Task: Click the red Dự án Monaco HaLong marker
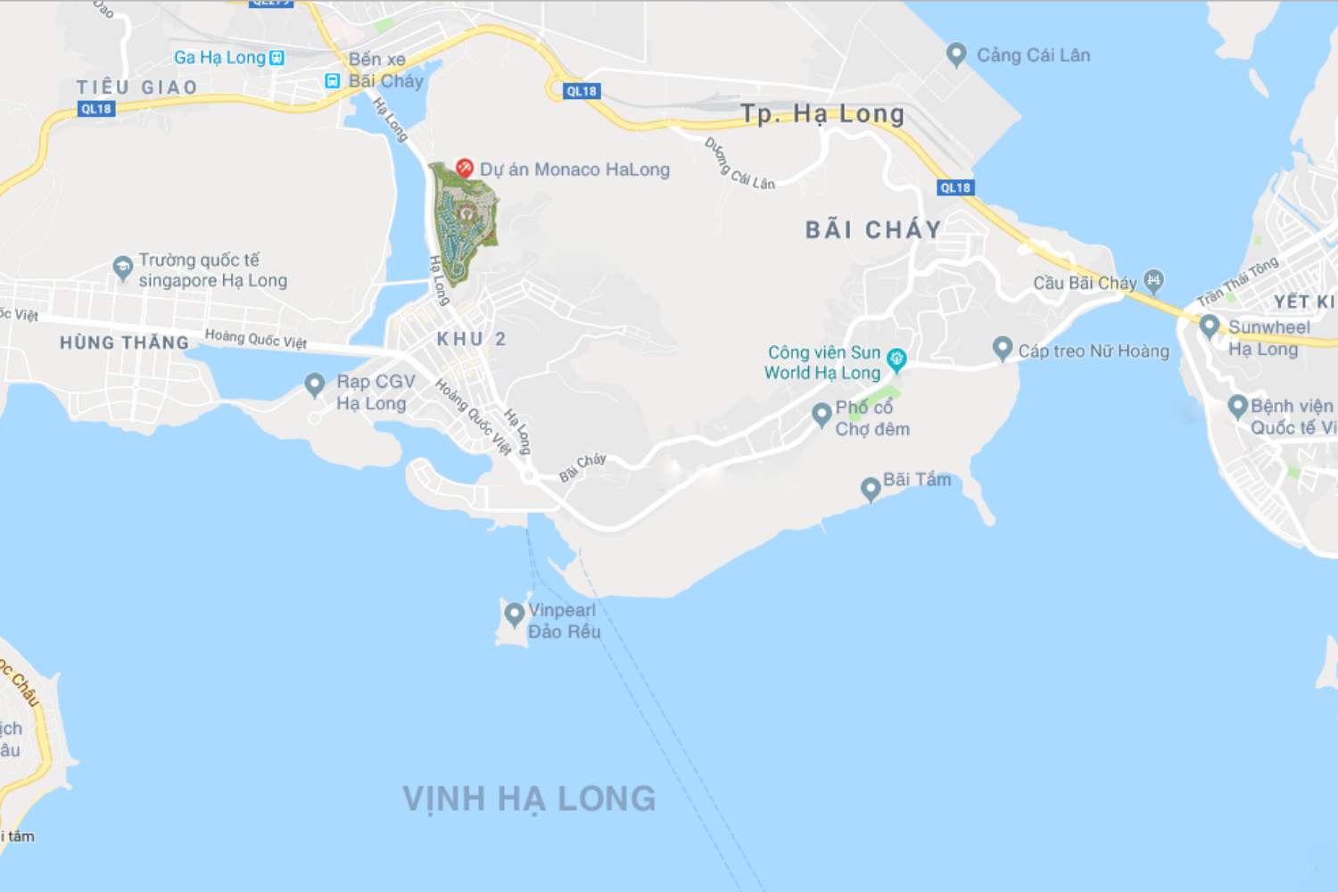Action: point(464,168)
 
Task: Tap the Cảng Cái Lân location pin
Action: point(956,54)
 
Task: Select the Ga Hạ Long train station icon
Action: point(277,58)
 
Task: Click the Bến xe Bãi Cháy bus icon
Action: point(333,81)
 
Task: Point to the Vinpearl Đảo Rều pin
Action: point(514,614)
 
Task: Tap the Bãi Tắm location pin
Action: point(870,488)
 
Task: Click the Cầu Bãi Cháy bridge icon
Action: point(1153,281)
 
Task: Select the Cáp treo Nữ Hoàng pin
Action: point(1003,348)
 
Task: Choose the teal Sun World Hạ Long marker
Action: point(896,359)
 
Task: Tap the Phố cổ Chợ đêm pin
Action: point(822,414)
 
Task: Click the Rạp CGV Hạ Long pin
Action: point(314,384)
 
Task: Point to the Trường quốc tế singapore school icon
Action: point(123,267)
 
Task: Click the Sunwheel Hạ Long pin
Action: point(1210,326)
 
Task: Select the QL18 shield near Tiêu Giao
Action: point(96,109)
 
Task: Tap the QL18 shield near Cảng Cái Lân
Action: point(955,187)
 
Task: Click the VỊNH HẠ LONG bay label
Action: point(529,798)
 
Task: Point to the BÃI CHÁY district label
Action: point(872,230)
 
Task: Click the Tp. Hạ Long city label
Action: point(822,114)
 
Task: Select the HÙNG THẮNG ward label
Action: point(124,343)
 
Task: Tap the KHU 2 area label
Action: point(471,339)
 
